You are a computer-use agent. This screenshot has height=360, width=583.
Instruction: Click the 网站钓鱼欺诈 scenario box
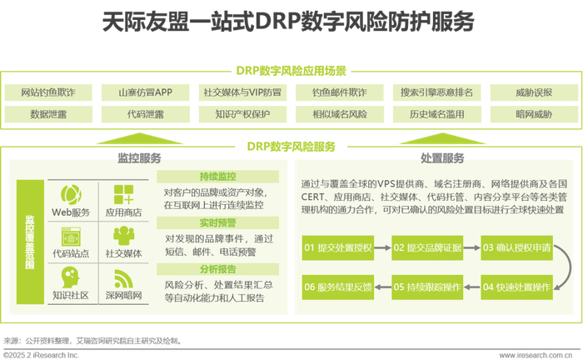[x=48, y=92]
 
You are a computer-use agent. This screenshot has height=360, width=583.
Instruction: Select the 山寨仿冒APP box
[x=145, y=92]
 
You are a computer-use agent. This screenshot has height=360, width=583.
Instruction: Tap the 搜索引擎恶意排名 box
[x=436, y=92]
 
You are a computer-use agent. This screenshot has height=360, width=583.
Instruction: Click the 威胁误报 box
[x=533, y=92]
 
